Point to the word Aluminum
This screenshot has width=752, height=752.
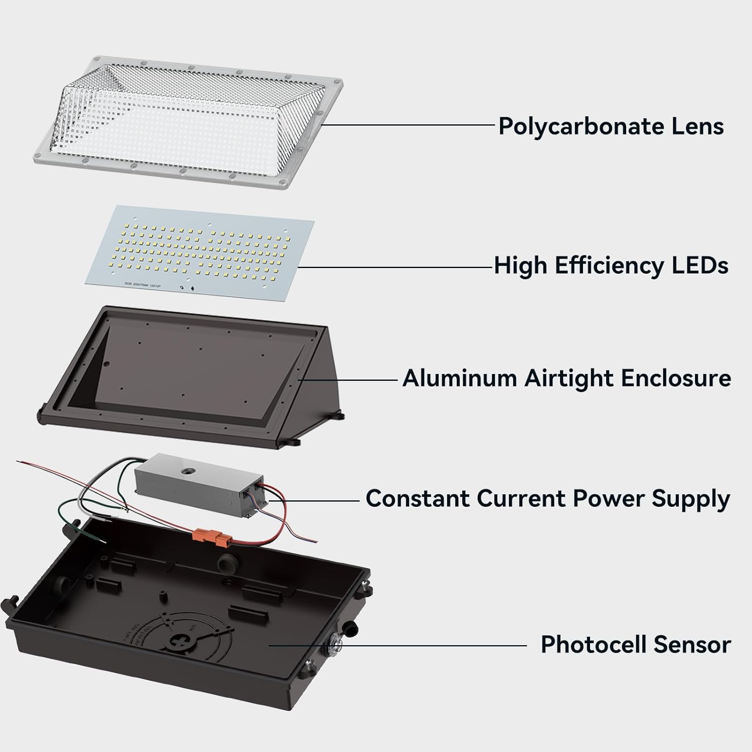(x=460, y=378)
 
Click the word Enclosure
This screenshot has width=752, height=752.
(x=676, y=378)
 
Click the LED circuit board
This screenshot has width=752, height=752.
(x=201, y=246)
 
